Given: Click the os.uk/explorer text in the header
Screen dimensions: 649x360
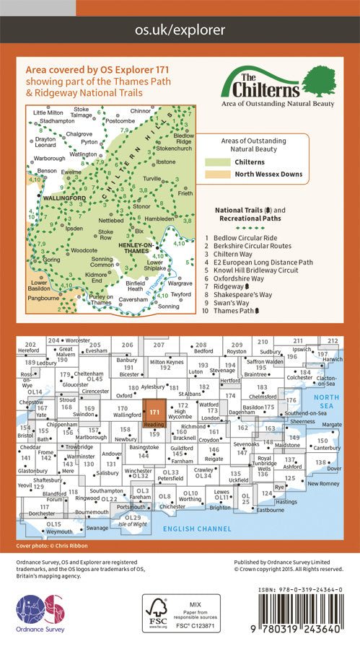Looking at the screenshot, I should coord(180,30).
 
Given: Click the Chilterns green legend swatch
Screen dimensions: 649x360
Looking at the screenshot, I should coord(218,162).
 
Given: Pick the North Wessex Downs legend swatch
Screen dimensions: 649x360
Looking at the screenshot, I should coord(218,175).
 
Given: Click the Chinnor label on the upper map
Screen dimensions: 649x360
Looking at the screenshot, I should coord(142,112).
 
